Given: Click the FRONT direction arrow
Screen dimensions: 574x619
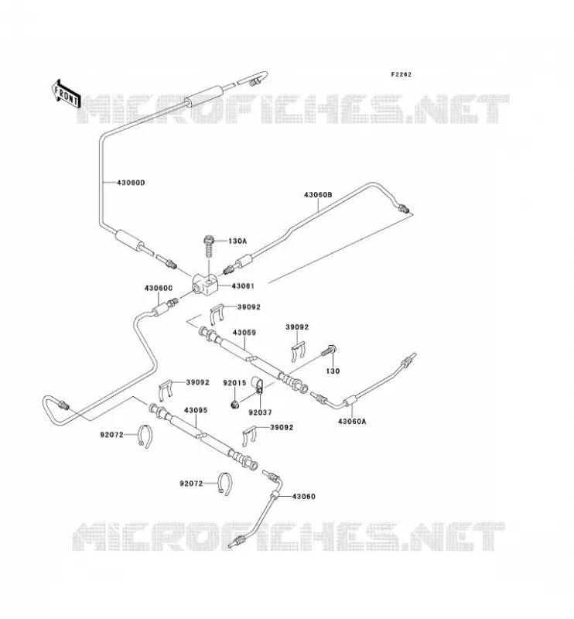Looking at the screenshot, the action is coord(66,94).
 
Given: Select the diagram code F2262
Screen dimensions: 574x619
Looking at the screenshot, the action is coord(401,74).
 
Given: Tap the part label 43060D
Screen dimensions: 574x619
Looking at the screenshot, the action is coord(131,183).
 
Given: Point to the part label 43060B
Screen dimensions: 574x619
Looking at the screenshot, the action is coord(318,195).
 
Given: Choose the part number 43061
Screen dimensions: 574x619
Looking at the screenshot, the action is coord(243,286).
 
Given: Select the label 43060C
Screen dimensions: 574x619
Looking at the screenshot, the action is coord(159,288).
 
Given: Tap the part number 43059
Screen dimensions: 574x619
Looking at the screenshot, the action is coord(244,333).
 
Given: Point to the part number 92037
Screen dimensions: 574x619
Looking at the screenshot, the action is coord(260,412).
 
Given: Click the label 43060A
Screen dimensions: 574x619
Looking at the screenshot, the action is coord(352,421).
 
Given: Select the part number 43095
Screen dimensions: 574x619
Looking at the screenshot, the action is coord(196,410).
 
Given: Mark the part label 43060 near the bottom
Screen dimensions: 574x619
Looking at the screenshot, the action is coord(303,496).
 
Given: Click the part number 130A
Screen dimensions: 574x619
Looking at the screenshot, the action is coord(237,241).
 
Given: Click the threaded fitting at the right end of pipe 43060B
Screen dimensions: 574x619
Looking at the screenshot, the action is coord(403,208).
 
